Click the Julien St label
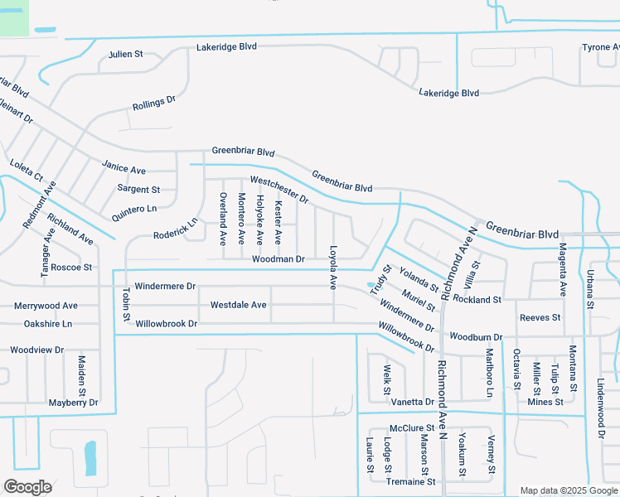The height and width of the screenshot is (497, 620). (126, 55)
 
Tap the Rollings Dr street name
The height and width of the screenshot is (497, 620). (154, 104)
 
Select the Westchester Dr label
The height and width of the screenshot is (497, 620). (279, 190)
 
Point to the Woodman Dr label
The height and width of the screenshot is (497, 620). (279, 259)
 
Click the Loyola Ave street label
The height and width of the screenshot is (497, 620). (332, 267)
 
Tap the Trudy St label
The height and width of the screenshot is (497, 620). (380, 279)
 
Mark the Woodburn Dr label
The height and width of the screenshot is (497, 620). (476, 337)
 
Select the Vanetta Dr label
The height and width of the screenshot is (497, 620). (412, 402)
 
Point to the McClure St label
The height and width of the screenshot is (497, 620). (412, 428)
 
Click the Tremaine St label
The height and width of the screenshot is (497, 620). (410, 481)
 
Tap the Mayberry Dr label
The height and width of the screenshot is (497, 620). (73, 403)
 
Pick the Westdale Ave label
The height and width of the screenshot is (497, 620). (238, 305)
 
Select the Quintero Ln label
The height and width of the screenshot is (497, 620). (134, 214)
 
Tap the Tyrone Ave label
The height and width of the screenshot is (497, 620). (600, 47)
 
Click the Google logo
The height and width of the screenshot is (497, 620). (27, 486)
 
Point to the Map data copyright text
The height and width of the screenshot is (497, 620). (569, 490)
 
